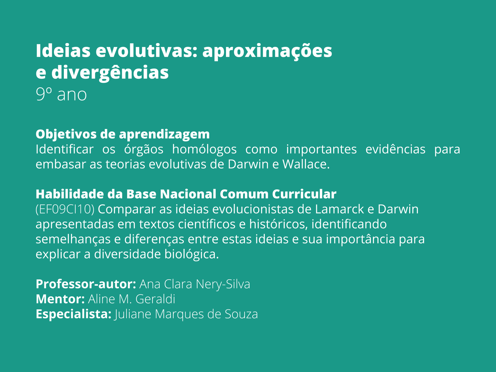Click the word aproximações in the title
pos(267,51)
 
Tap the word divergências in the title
pos(110,73)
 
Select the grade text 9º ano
pos(61,95)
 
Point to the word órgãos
pos(144,149)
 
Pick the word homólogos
pos(204,149)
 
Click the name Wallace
pos(306,164)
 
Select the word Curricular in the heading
pos(304,194)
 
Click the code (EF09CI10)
pos(65,209)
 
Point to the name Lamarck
pos(339,209)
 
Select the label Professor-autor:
pos(86,284)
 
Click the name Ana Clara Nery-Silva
pos(195,284)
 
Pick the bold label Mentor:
pos(60,299)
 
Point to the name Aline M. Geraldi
pos(132,299)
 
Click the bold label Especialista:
pos(73,314)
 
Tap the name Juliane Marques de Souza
pos(186,314)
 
